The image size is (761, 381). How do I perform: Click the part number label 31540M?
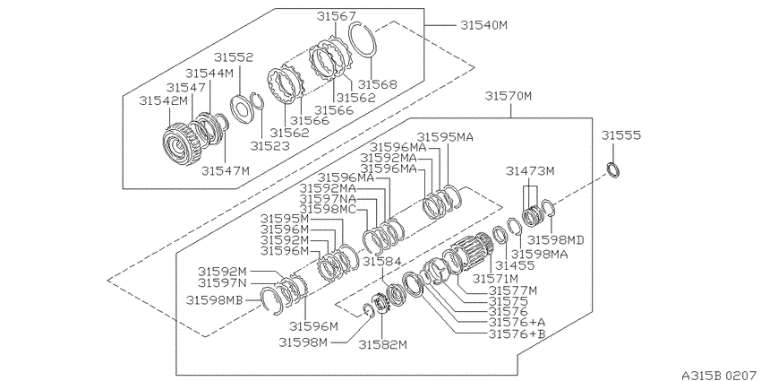(483, 25)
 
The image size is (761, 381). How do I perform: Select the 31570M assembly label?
(509, 96)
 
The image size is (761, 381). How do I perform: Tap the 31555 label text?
(621, 135)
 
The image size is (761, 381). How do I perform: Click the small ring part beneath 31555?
(614, 170)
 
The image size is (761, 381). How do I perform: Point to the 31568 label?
(377, 84)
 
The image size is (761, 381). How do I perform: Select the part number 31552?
(234, 57)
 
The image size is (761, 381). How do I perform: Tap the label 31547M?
(226, 170)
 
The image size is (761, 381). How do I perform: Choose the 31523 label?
(269, 145)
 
